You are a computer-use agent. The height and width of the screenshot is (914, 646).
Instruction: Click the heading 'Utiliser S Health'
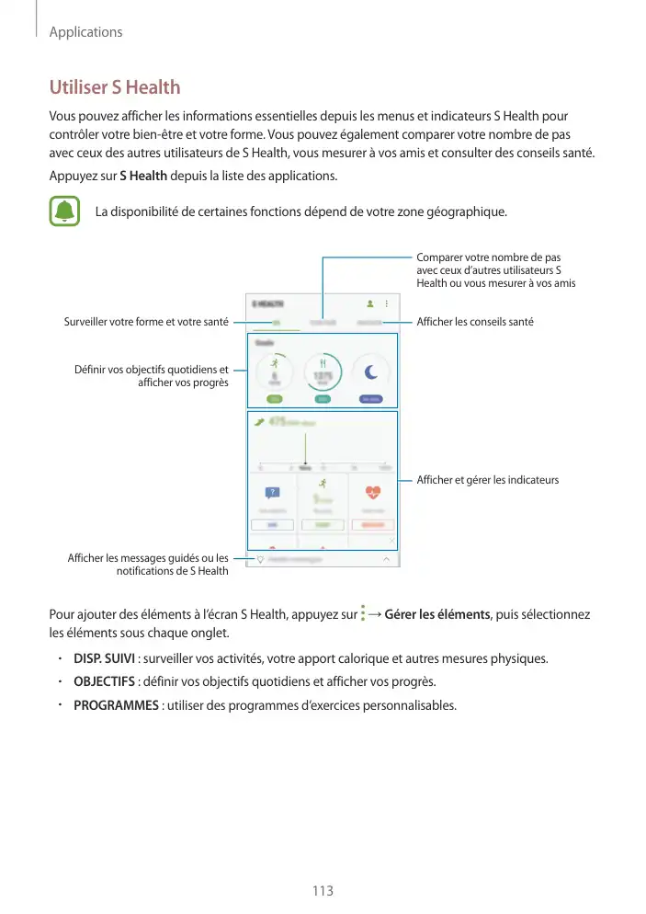(114, 87)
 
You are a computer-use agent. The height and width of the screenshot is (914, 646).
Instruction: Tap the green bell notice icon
(63, 211)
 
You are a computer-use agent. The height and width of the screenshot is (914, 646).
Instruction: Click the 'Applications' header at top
(85, 32)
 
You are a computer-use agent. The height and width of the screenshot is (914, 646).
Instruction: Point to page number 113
(323, 891)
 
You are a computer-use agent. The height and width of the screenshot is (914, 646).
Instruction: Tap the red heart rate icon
(373, 491)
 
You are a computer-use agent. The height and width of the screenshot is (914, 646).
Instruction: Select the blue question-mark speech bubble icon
(272, 493)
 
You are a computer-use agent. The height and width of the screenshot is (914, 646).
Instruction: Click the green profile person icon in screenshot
(370, 303)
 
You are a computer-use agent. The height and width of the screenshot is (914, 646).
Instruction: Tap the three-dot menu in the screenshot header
(387, 303)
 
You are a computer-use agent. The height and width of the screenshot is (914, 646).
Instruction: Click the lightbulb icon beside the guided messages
(260, 559)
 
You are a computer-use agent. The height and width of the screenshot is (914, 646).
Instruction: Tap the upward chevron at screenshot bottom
(386, 559)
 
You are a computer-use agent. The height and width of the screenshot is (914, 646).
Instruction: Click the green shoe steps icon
(259, 422)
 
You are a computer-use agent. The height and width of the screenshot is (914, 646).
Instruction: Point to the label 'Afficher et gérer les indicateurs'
(487, 480)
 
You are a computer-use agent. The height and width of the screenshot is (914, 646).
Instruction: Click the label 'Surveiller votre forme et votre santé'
(146, 323)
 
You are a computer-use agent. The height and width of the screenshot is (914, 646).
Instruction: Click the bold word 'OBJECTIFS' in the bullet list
(104, 682)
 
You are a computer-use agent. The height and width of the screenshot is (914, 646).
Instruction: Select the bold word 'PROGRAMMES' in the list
(116, 705)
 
